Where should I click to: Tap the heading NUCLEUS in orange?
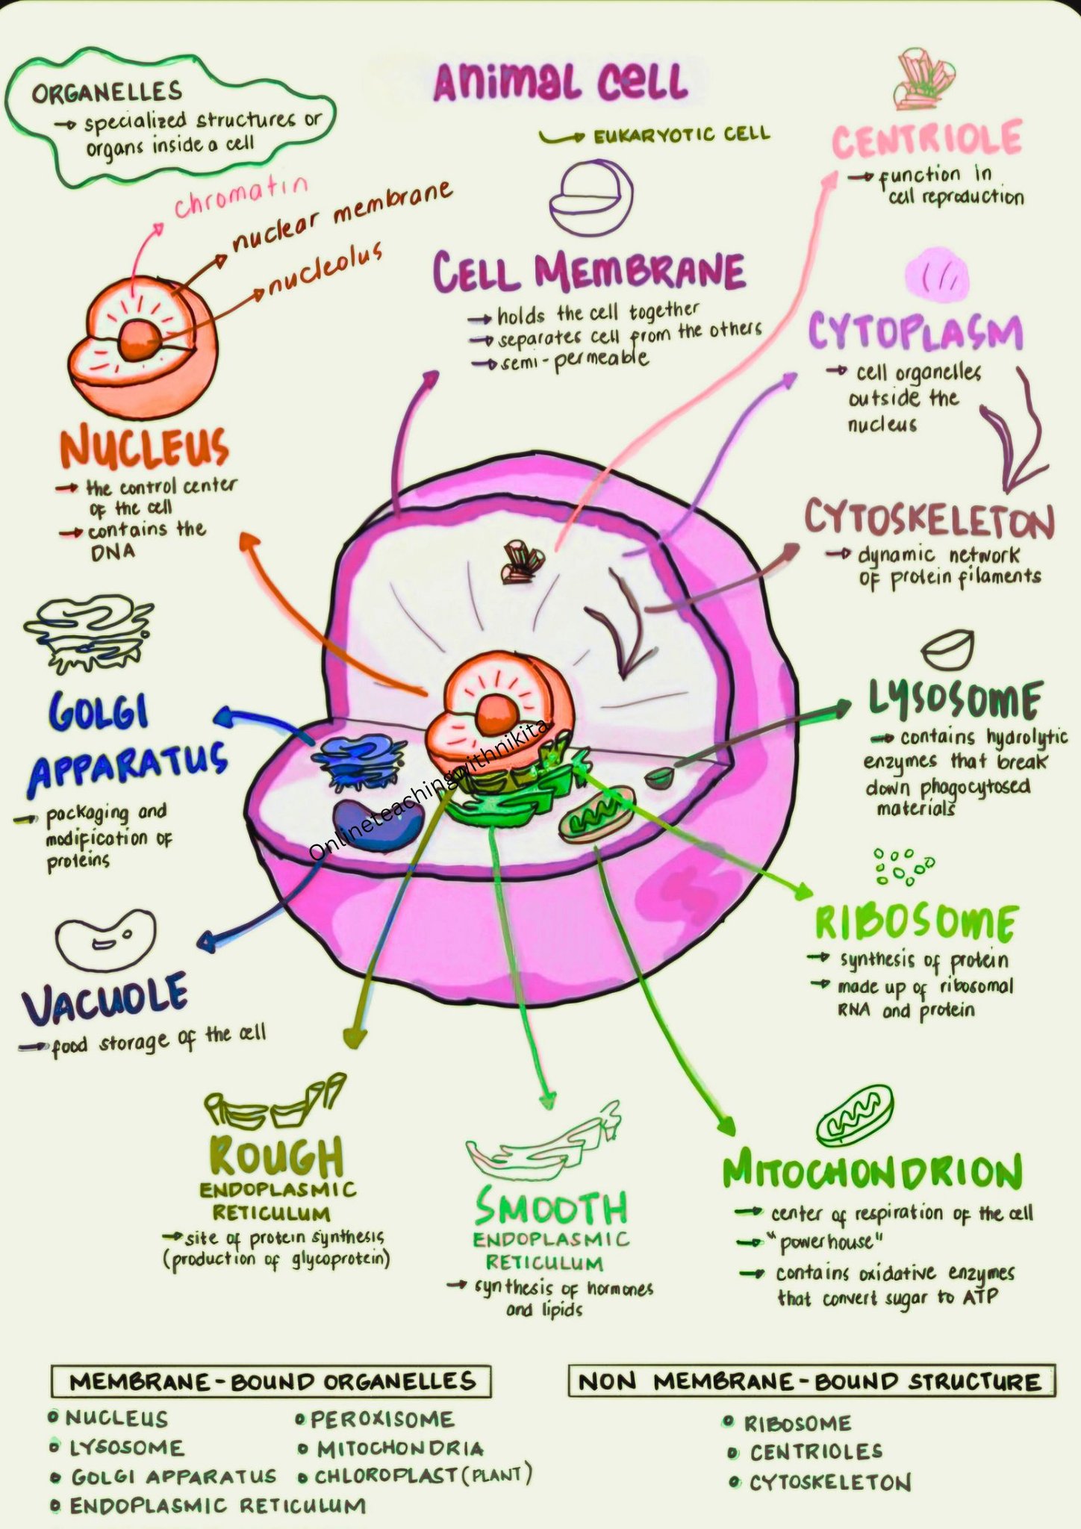pyautogui.click(x=144, y=447)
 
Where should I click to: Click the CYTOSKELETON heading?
pyautogui.click(x=929, y=520)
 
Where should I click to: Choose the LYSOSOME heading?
pyautogui.click(x=955, y=700)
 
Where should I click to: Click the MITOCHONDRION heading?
pyautogui.click(x=872, y=1174)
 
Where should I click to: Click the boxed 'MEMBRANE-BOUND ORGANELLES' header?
pyautogui.click(x=272, y=1381)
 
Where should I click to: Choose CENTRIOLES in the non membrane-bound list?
pyautogui.click(x=816, y=1452)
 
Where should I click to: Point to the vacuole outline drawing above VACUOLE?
pyautogui.click(x=106, y=941)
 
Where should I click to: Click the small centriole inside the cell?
pyautogui.click(x=523, y=561)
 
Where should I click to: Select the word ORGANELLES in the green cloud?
pyautogui.click(x=107, y=92)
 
